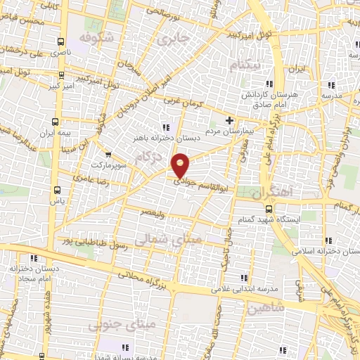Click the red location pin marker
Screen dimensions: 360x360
tap(181, 166)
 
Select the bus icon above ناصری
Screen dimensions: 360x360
tap(60, 41)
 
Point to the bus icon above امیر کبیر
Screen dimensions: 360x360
tap(60, 75)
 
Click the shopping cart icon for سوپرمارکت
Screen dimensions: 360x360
tap(107, 154)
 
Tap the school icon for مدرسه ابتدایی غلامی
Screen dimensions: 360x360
tap(244, 278)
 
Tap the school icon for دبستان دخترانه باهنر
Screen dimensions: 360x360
tap(166, 127)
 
